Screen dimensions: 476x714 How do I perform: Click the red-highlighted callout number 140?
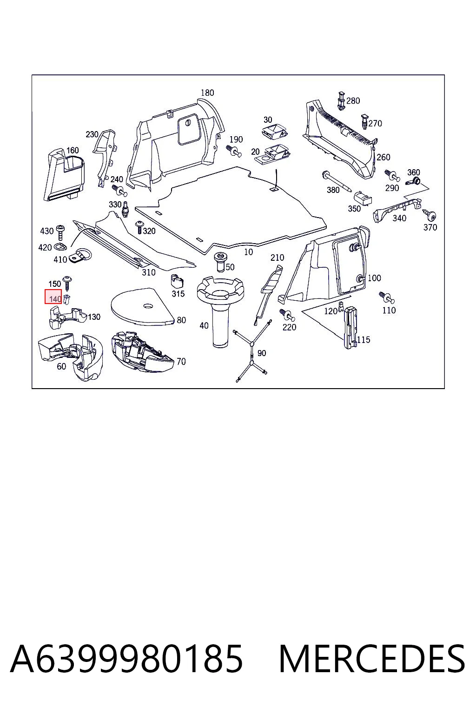click(55, 299)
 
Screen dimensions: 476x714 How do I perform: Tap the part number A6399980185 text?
click(126, 659)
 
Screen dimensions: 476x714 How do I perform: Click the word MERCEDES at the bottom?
click(372, 659)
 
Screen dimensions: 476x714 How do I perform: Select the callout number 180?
click(207, 93)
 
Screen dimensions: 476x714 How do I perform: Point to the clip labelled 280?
click(341, 101)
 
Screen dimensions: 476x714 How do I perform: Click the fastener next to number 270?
click(364, 122)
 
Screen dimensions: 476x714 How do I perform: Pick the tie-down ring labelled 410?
click(79, 256)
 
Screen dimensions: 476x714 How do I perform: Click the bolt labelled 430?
click(60, 232)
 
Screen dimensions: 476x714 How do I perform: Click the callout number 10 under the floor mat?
click(248, 252)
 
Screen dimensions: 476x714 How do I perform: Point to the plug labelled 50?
click(220, 262)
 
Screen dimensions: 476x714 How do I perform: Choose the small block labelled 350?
click(363, 198)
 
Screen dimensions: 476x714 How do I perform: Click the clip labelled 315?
click(178, 281)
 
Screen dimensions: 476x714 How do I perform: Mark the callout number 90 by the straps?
click(261, 353)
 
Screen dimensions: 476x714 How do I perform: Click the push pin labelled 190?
click(233, 151)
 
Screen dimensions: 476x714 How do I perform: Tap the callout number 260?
click(383, 157)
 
